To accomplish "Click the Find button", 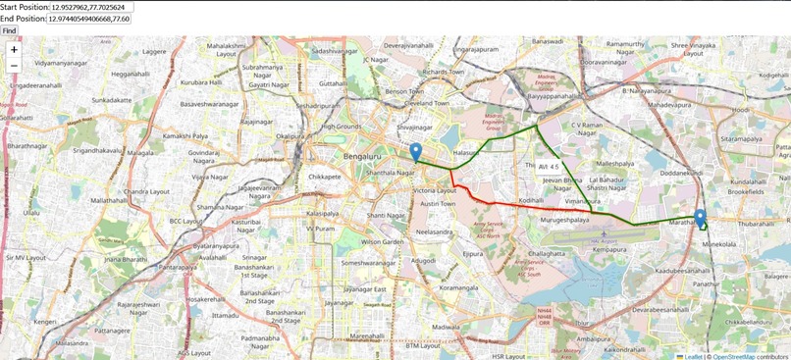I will pos(9,30).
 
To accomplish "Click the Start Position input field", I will pos(91,7).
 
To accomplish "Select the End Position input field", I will pos(88,19).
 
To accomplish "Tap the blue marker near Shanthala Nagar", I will pos(416,152).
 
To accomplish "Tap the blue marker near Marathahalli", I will pos(700,218).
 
